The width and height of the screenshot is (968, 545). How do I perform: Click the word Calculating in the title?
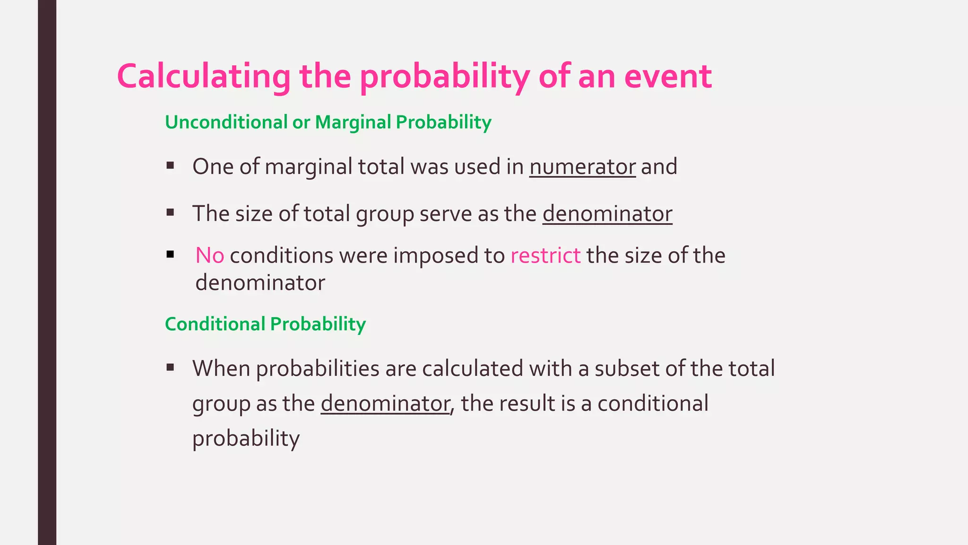pos(204,77)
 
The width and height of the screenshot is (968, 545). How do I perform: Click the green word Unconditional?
pos(226,122)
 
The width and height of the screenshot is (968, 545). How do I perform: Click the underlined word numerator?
pos(582,167)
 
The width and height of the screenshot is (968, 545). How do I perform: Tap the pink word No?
pos(209,255)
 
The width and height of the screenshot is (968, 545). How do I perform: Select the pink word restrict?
pos(545,255)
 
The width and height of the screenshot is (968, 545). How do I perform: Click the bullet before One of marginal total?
pos(171,166)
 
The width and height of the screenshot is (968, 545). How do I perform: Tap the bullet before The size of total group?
pos(171,212)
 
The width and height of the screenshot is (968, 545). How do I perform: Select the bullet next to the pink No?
pos(171,255)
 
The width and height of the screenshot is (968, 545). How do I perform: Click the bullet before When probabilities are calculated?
pos(171,367)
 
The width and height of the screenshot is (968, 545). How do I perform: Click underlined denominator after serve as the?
pos(607,214)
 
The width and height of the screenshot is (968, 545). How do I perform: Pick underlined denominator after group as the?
pos(385,404)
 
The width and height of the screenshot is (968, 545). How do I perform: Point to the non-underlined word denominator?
pos(260,283)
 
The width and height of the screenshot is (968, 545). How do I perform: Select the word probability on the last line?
pos(246,439)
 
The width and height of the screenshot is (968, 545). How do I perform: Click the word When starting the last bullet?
pos(221,369)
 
